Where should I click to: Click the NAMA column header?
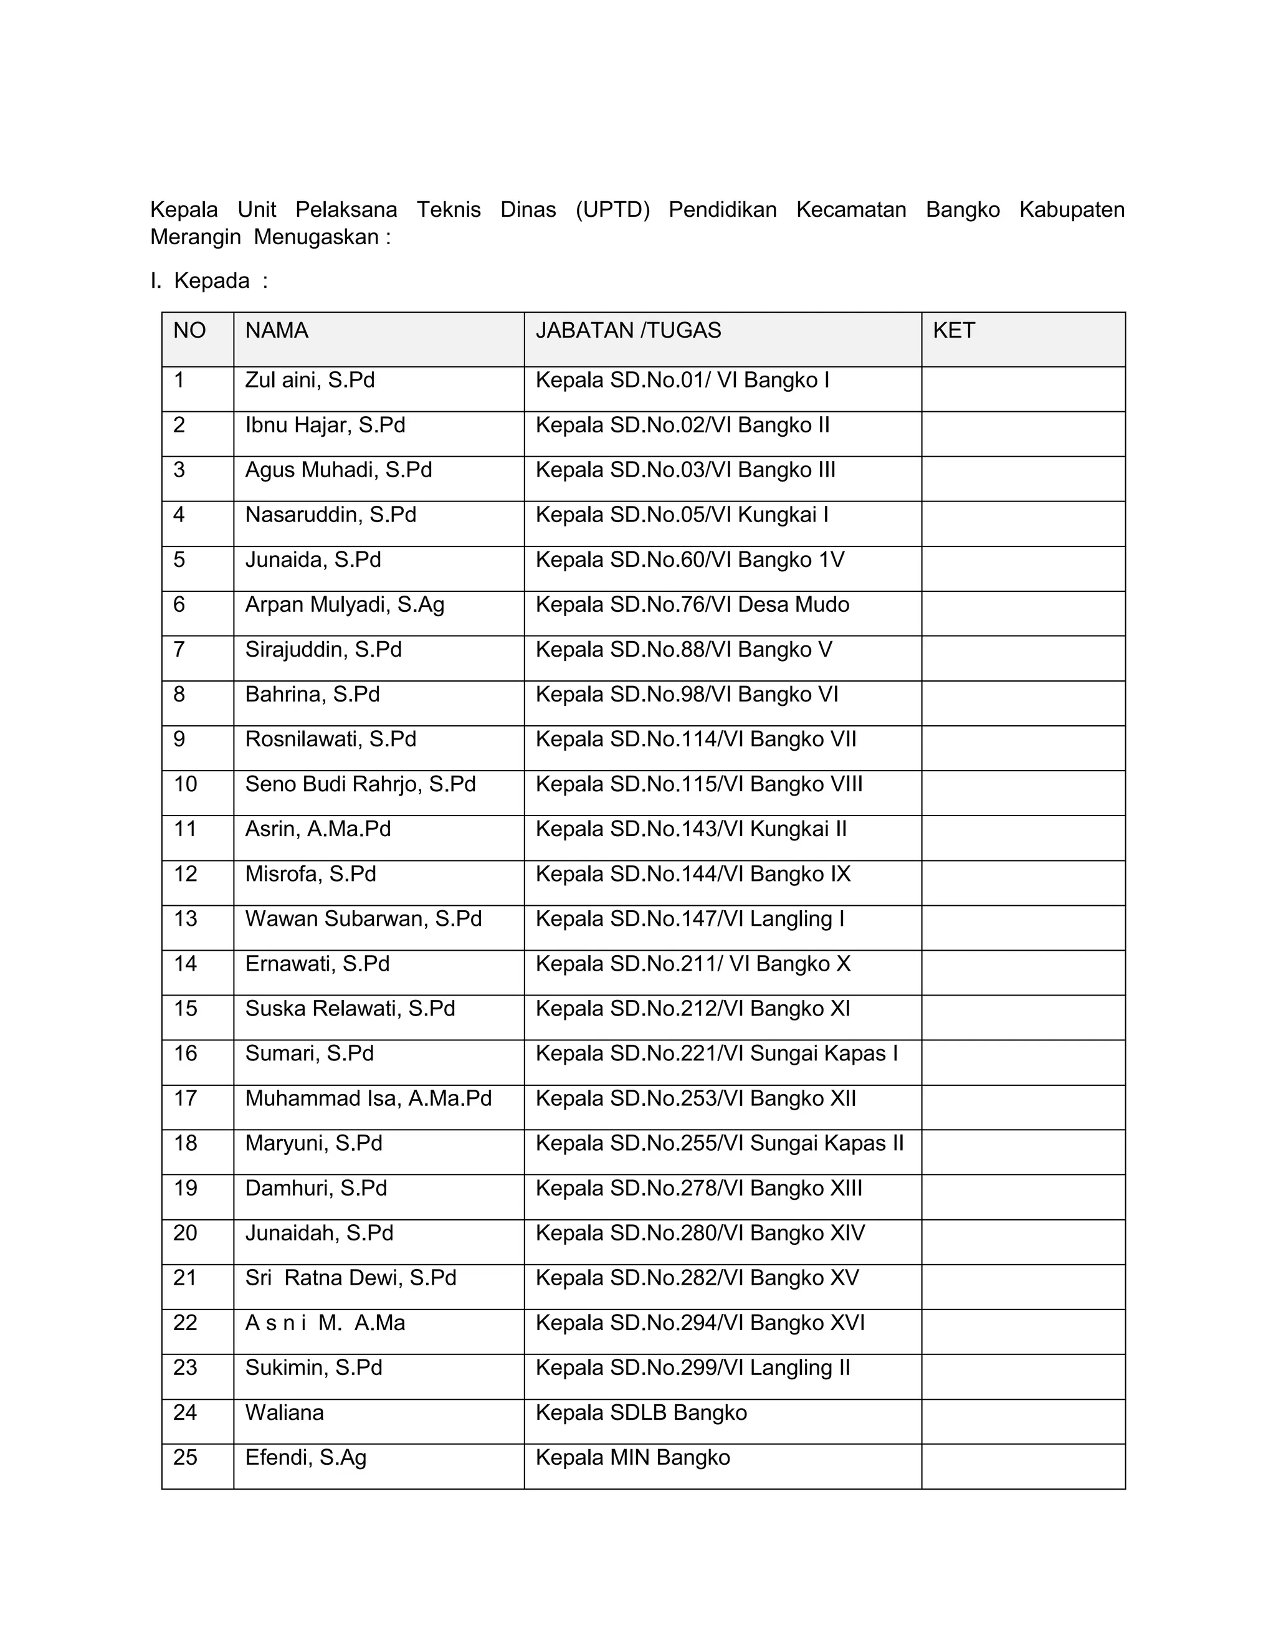click(277, 330)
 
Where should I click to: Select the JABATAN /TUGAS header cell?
click(628, 330)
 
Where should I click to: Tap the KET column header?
click(953, 330)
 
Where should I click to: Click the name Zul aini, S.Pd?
click(310, 379)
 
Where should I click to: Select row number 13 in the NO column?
click(185, 918)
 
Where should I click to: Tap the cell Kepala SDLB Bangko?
click(641, 1412)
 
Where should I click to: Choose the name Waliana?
click(284, 1412)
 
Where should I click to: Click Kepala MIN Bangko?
click(633, 1457)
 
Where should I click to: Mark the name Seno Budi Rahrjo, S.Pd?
click(361, 784)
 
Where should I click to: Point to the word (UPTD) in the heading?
click(612, 209)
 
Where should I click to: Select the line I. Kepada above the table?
click(209, 280)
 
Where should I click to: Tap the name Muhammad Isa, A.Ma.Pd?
click(368, 1098)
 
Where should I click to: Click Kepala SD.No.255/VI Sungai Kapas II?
click(720, 1143)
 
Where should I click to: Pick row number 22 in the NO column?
click(185, 1322)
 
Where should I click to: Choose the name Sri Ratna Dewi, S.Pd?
click(351, 1278)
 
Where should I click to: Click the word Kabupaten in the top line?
click(1071, 209)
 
